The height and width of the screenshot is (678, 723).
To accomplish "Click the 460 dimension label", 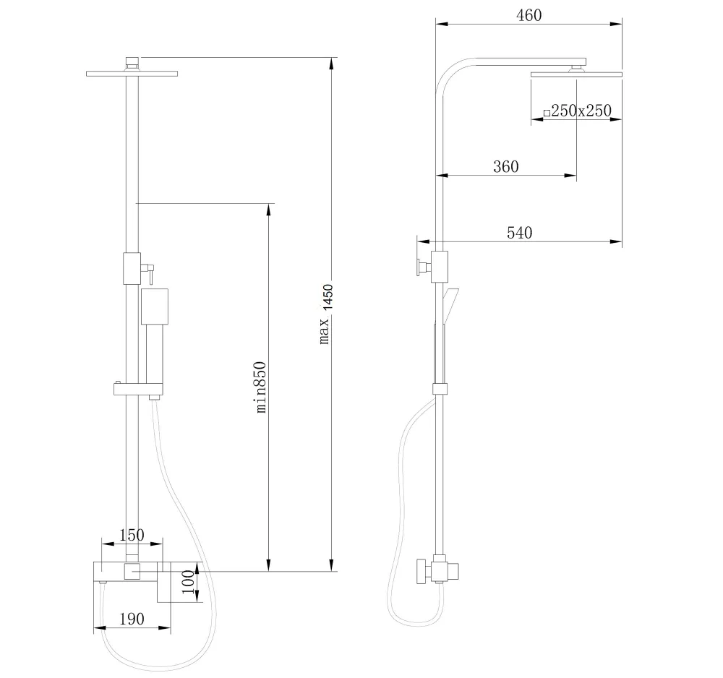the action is pyautogui.click(x=529, y=16).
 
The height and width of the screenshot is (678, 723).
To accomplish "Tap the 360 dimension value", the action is pyautogui.click(x=506, y=166).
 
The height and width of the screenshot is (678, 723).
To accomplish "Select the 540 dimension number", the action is pyautogui.click(x=519, y=233).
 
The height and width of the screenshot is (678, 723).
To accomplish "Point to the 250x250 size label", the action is pyautogui.click(x=581, y=111).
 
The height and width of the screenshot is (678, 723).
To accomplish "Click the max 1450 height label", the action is pyautogui.click(x=325, y=314).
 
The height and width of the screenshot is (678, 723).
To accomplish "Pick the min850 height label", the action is pyautogui.click(x=261, y=387).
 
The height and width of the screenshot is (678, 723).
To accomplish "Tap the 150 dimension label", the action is pyautogui.click(x=132, y=535).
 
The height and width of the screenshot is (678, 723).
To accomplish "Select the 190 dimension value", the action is pyautogui.click(x=132, y=619).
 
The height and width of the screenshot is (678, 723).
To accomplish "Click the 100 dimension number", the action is pyautogui.click(x=188, y=582).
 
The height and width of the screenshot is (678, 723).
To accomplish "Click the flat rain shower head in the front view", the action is pyautogui.click(x=132, y=74).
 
